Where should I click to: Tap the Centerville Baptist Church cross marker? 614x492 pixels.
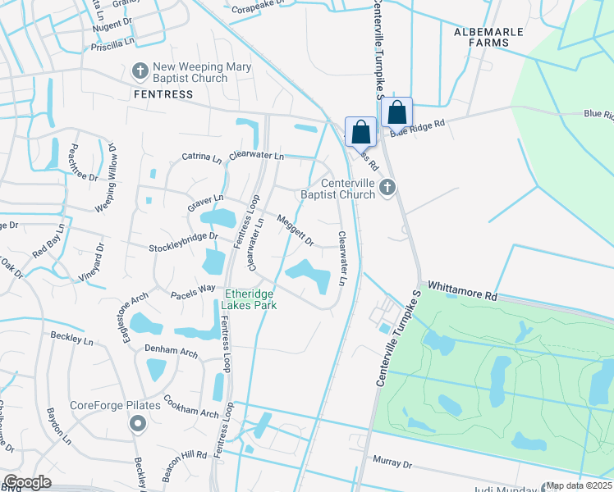click(388, 189)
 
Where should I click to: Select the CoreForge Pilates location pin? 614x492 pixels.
click(137, 424)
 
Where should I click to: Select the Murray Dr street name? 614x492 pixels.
click(392, 464)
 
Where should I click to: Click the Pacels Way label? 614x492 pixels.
click(193, 291)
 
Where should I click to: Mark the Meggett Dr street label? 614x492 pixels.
click(296, 230)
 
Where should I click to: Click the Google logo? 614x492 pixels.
click(26, 482)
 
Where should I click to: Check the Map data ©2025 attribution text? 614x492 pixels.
click(580, 485)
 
